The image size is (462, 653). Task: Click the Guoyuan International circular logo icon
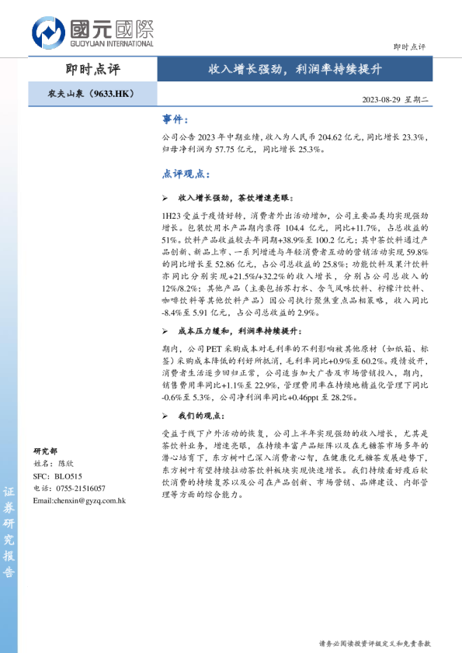pos(48,32)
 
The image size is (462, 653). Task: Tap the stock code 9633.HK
pos(113,94)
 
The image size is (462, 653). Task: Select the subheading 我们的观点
pos(202,417)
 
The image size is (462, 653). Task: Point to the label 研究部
pos(45,451)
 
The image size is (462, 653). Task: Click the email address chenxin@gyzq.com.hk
pos(79,500)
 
